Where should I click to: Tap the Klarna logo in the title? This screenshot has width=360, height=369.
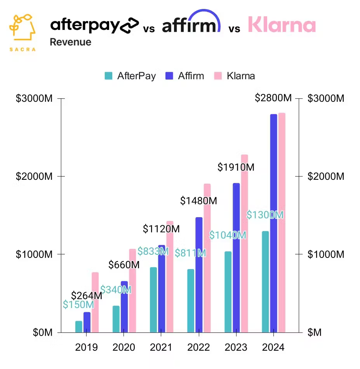tap(282, 25)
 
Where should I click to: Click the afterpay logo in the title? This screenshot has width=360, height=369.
tap(94, 25)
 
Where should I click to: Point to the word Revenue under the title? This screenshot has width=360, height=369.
tap(70, 42)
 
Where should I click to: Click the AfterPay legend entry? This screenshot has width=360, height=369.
tap(130, 76)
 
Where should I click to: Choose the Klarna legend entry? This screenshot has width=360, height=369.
tap(235, 76)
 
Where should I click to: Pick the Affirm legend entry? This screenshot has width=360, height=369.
tap(185, 76)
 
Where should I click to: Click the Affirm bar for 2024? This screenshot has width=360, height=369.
tap(274, 223)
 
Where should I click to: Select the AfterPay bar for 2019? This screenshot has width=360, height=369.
tap(79, 327)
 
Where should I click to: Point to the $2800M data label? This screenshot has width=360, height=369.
tap(273, 98)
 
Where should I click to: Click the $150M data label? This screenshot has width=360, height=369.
tap(78, 305)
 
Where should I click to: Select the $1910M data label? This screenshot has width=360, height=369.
tap(236, 167)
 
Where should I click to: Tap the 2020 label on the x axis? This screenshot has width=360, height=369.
tap(124, 347)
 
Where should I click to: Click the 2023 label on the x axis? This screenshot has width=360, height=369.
tap(236, 347)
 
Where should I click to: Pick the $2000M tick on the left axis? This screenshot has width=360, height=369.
tap(34, 176)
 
